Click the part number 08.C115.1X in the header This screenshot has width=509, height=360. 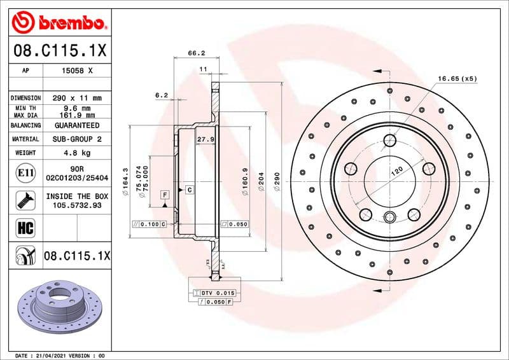(60, 50)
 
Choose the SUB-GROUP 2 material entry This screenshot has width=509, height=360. (77, 139)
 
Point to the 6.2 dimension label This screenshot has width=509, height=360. (161, 95)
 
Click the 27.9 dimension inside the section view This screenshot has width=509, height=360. (205, 139)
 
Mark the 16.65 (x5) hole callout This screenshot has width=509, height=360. (457, 78)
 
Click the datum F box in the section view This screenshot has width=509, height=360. (165, 193)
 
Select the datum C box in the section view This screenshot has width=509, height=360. (189, 190)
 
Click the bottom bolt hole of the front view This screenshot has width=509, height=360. (389, 215)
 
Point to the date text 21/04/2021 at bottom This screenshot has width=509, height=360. (49, 355)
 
